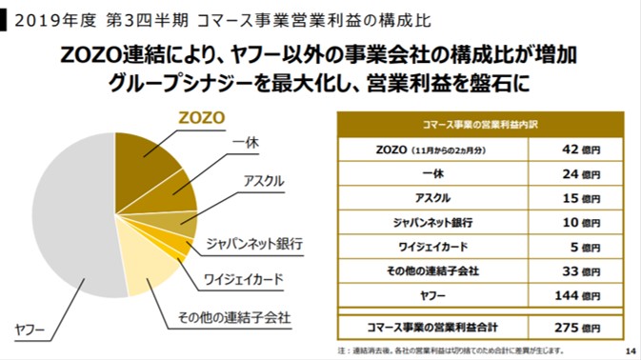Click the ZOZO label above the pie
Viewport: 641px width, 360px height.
point(202,118)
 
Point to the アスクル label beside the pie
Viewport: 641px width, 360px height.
point(264,181)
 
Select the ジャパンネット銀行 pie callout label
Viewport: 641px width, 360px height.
point(254,244)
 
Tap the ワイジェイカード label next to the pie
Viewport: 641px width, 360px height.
point(243,279)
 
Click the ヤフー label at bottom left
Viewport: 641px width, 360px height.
point(30,330)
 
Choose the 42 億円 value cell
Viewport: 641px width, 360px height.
point(581,150)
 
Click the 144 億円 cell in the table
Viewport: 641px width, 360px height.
point(577,295)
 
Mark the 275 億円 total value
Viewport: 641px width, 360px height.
point(577,328)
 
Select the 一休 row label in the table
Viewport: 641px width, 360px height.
point(433,173)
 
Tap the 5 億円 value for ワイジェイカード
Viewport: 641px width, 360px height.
point(586,247)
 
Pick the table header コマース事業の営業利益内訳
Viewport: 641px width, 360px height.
point(480,125)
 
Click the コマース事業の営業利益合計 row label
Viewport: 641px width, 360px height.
point(432,328)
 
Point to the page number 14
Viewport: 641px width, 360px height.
point(631,351)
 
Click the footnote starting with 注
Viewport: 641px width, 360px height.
point(451,350)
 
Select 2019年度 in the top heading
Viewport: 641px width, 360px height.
point(55,20)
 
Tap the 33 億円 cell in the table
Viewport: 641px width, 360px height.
point(581,271)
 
